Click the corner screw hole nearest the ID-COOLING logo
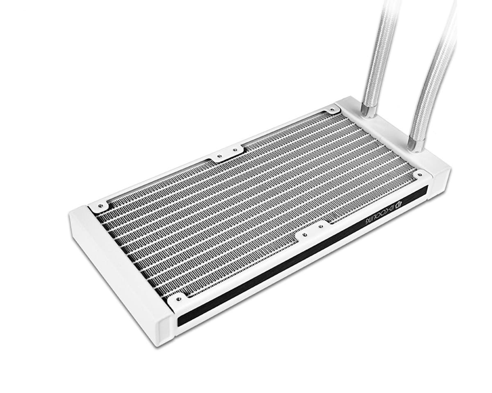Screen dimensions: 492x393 (x=419, y=175)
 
